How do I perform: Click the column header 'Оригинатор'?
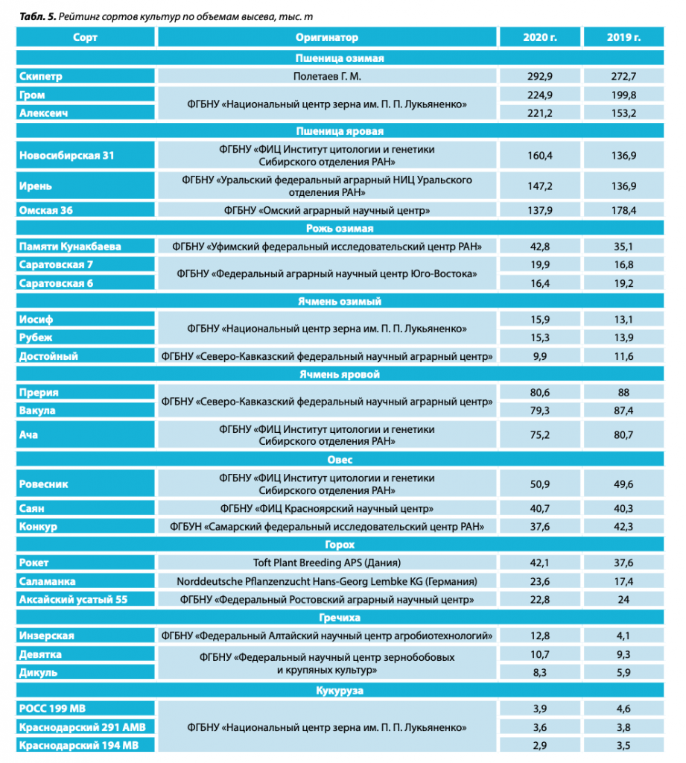pyautogui.click(x=326, y=37)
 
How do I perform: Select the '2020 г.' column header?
pyautogui.click(x=540, y=37)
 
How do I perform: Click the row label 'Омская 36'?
pyautogui.click(x=45, y=210)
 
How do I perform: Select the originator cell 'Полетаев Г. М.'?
pyautogui.click(x=326, y=76)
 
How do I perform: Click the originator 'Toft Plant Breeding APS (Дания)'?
pyautogui.click(x=326, y=563)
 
